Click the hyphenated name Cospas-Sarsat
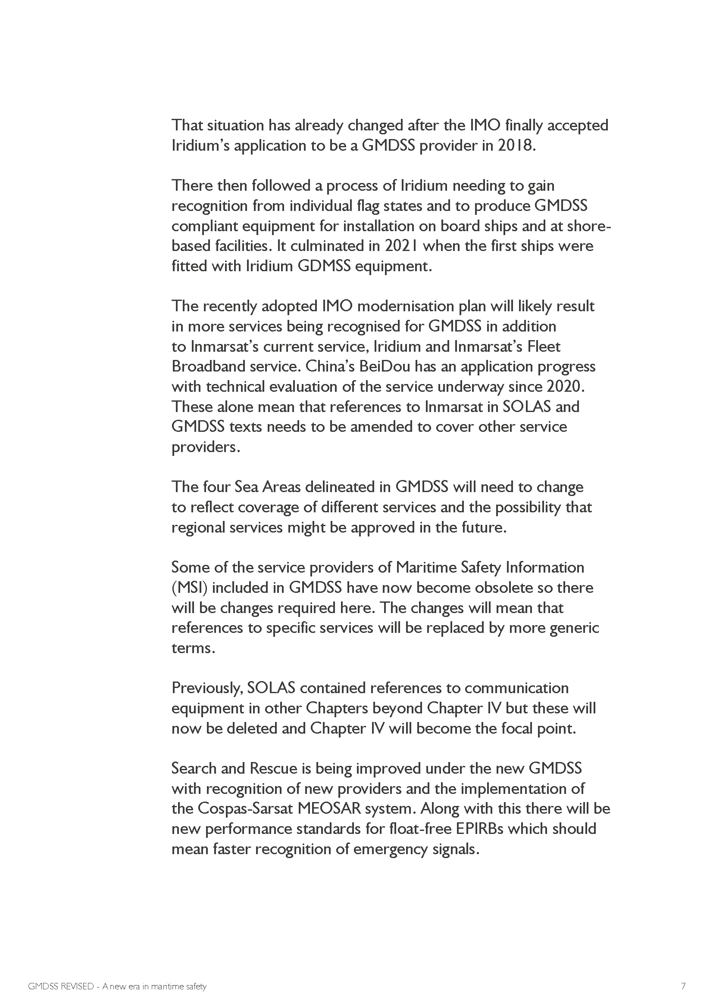245,809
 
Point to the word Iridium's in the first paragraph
200,146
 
